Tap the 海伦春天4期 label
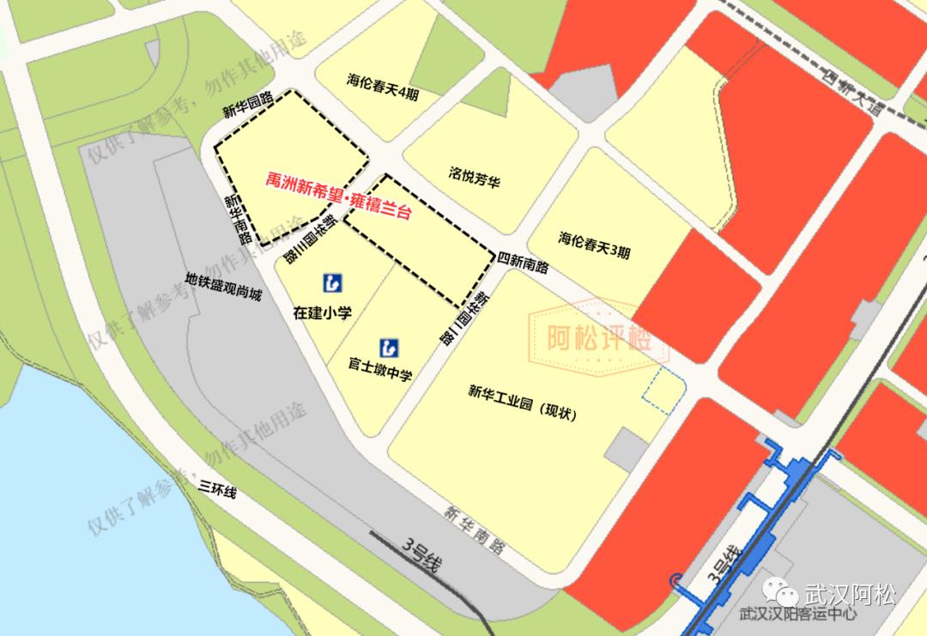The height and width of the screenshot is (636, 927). tap(383, 88)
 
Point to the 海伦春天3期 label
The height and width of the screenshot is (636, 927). tap(594, 245)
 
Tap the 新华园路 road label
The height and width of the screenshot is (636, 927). tap(248, 104)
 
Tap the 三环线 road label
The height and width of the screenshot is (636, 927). tap(216, 490)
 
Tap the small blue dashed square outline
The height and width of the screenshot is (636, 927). tap(665, 390)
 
